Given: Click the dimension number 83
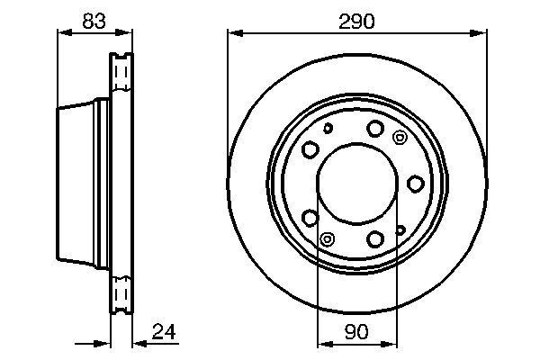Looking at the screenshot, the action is click(x=94, y=21).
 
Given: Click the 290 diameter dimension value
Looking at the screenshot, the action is click(x=356, y=22).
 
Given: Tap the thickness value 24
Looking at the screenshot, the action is click(x=164, y=332).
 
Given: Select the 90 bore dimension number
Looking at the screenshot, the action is click(x=356, y=332).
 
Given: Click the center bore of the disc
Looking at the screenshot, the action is click(x=357, y=184).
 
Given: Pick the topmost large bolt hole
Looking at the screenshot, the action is click(x=375, y=128).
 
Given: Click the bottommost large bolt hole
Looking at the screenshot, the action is click(x=375, y=238).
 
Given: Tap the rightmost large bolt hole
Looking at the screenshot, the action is click(x=415, y=184).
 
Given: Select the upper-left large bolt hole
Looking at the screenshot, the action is click(x=310, y=149).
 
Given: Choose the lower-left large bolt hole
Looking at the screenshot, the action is click(x=310, y=218).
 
